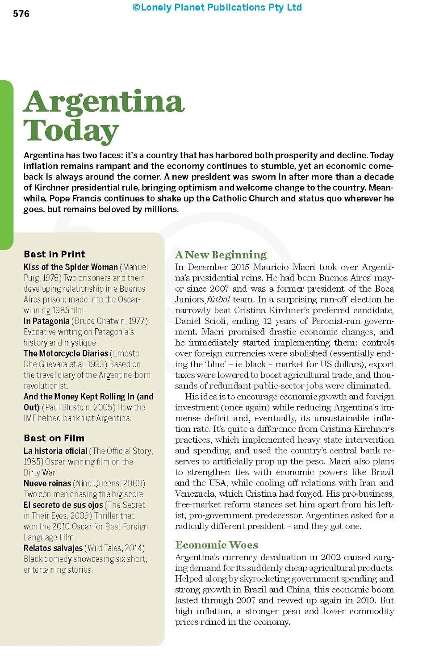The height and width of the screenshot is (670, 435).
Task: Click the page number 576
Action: (x=21, y=14)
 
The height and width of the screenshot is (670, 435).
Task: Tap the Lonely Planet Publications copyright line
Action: (x=217, y=8)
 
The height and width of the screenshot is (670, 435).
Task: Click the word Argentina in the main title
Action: (x=104, y=102)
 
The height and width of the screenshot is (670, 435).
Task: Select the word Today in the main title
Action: (x=71, y=131)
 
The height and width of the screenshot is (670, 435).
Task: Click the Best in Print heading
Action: (x=54, y=254)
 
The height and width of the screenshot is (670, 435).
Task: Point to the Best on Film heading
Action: (x=54, y=438)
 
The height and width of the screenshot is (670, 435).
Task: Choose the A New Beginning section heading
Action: (x=221, y=255)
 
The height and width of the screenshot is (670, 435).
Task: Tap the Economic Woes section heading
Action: (x=217, y=545)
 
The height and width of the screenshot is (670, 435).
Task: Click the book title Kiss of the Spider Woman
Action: (x=71, y=267)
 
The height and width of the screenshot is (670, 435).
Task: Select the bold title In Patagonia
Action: (x=46, y=321)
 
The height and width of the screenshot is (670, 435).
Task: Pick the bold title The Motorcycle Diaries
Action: (x=66, y=353)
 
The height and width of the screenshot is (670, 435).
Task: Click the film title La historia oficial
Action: (x=55, y=451)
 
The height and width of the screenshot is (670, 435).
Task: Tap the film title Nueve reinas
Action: (x=47, y=483)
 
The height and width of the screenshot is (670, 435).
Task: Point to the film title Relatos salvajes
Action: (x=53, y=548)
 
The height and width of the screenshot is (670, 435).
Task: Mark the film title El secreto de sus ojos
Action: (x=63, y=505)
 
